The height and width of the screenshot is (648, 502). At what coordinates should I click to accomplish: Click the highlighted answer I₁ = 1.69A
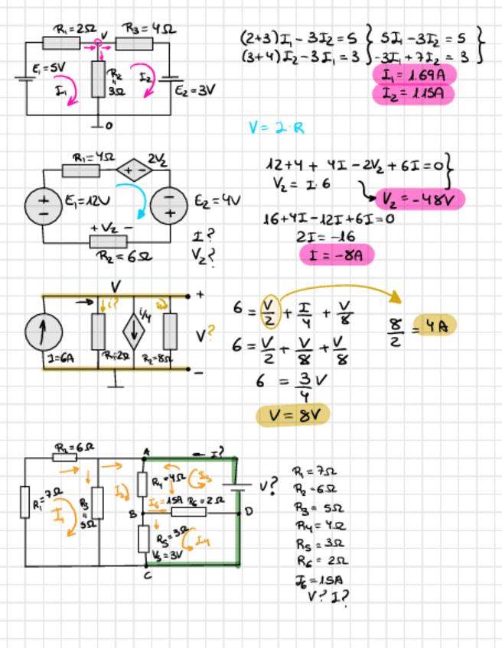point(413,75)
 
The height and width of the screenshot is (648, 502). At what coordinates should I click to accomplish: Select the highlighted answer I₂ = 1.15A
point(413,94)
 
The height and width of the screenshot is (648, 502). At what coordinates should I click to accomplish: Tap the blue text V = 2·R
point(276,128)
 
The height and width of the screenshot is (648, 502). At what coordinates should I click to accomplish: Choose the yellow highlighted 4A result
point(433,325)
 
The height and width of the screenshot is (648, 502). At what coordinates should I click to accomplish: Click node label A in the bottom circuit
point(145,452)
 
